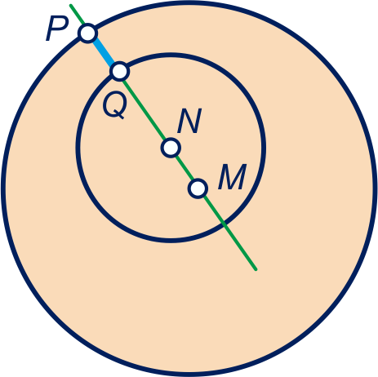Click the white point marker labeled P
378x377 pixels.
point(87,33)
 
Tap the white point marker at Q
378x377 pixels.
point(119,71)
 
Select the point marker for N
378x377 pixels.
point(171,148)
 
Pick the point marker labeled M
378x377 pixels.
point(198,188)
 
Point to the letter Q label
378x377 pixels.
point(115,106)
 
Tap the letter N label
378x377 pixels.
point(189,121)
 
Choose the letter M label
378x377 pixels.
point(232,177)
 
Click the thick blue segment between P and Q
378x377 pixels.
point(104,52)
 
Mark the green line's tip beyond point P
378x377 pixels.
point(71,5)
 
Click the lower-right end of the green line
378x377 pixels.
point(256,269)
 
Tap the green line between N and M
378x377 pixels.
point(185,168)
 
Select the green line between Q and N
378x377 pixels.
point(145,109)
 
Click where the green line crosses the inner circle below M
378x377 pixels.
point(224,224)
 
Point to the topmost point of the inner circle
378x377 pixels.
point(171,55)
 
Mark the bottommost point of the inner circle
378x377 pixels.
point(171,240)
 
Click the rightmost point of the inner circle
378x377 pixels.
point(264,147)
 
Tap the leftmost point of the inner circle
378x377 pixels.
point(78,147)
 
